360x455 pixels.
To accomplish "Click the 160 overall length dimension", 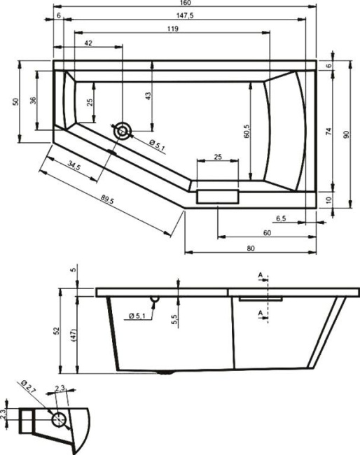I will coord(186,3).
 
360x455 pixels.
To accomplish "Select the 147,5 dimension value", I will coord(186,15).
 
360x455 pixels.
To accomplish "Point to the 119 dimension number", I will coord(172,29).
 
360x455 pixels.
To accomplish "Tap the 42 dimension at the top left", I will coord(88,43).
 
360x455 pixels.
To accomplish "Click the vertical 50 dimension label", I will coord(15,101).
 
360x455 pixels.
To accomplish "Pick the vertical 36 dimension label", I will coord(32,101).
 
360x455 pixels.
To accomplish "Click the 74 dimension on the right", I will coord(328,130).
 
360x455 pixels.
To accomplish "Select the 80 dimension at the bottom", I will coord(250,248).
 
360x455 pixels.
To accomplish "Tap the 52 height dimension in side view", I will coord(60,331).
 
